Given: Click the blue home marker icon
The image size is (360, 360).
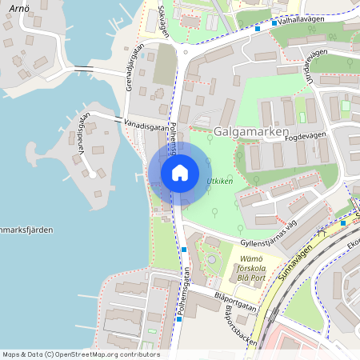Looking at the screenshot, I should click(180, 172).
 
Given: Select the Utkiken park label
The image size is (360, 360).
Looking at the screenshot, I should click(220, 182).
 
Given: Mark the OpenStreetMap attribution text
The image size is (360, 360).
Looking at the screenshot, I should click(80, 354).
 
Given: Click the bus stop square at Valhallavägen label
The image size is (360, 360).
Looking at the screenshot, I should click(274, 23).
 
